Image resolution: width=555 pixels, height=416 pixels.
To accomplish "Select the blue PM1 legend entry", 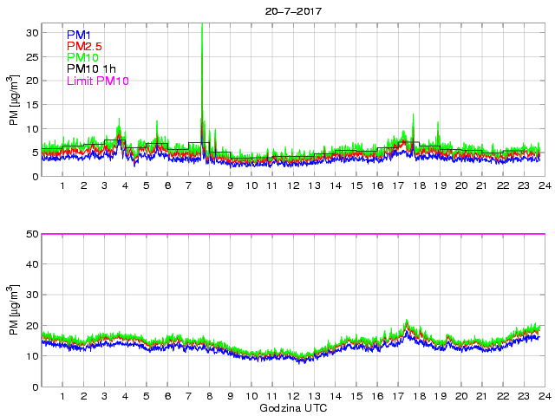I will coord(78,35).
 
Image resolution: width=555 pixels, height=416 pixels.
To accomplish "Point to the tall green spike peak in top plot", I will coord(202,26).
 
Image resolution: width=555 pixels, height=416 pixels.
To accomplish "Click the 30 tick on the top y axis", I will coord(32,32).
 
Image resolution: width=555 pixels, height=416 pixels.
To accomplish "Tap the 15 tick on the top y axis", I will coord(32,104).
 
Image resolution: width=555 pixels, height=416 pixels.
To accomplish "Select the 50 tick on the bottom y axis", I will coord(32,234).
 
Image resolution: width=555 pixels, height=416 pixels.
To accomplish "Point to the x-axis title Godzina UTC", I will coord(293,407).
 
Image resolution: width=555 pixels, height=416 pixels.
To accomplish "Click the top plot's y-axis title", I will coord(15,104).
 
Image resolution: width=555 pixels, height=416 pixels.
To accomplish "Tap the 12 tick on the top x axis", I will coord(293,186).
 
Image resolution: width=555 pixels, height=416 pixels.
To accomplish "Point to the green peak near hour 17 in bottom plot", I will coord(406,322).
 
